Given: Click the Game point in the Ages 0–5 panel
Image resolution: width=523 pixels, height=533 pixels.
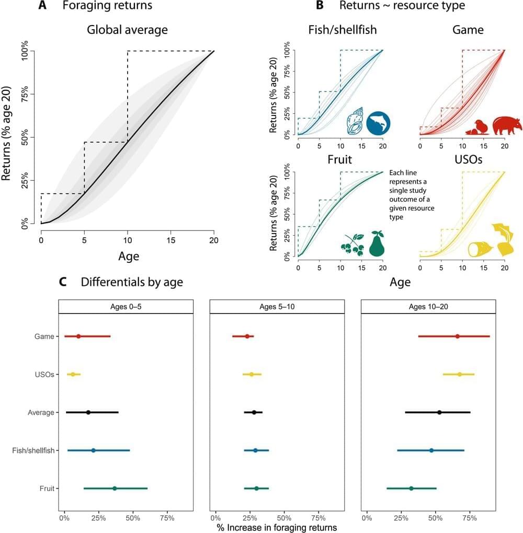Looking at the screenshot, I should pyautogui.click(x=78, y=337).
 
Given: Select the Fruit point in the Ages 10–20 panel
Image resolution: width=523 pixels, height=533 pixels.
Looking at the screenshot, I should pyautogui.click(x=411, y=489).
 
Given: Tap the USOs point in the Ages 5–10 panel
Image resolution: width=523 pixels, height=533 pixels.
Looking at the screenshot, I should pyautogui.click(x=252, y=375).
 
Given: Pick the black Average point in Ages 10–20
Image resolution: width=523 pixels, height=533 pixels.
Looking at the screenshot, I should pyautogui.click(x=439, y=413).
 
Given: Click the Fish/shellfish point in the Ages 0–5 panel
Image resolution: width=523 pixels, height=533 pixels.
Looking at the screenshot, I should pyautogui.click(x=94, y=450).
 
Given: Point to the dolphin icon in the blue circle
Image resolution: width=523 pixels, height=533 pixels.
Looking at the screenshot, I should pyautogui.click(x=378, y=124).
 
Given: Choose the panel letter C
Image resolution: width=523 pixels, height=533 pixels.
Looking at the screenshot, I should pyautogui.click(x=62, y=282).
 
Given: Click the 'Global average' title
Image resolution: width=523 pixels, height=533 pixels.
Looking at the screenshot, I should pyautogui.click(x=127, y=30).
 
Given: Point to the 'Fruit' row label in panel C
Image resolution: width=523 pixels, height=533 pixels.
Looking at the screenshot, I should pyautogui.click(x=47, y=489).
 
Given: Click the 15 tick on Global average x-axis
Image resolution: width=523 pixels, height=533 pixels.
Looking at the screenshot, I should pyautogui.click(x=170, y=240).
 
